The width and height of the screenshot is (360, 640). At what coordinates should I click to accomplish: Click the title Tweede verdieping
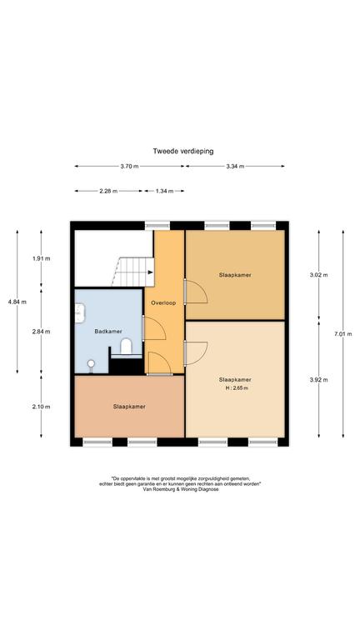183,151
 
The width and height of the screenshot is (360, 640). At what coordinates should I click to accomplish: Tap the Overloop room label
163,303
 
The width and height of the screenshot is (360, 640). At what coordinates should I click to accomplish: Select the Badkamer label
108,332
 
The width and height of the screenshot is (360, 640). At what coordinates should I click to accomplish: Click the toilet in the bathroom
126,346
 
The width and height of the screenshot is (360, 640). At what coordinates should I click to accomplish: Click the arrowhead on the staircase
151,272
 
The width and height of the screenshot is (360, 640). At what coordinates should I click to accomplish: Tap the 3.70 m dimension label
129,166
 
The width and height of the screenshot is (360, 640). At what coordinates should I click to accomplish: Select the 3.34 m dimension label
235,166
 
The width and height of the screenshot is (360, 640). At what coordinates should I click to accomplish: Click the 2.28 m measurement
108,191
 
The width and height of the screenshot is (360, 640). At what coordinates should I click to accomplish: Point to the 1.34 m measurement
164,191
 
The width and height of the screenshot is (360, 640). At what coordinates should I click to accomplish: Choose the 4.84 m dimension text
17,302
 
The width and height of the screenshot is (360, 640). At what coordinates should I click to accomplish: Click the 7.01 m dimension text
342,334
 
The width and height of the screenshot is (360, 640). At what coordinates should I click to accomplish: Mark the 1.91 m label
41,258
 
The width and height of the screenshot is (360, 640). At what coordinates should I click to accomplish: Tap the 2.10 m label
41,407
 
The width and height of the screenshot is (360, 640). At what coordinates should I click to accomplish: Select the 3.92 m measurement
319,380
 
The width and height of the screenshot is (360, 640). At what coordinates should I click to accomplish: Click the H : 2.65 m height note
237,388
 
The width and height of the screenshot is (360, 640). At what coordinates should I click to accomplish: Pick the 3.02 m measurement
319,275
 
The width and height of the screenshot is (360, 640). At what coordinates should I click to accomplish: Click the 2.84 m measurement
41,332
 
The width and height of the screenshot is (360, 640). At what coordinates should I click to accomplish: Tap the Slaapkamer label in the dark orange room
129,407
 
